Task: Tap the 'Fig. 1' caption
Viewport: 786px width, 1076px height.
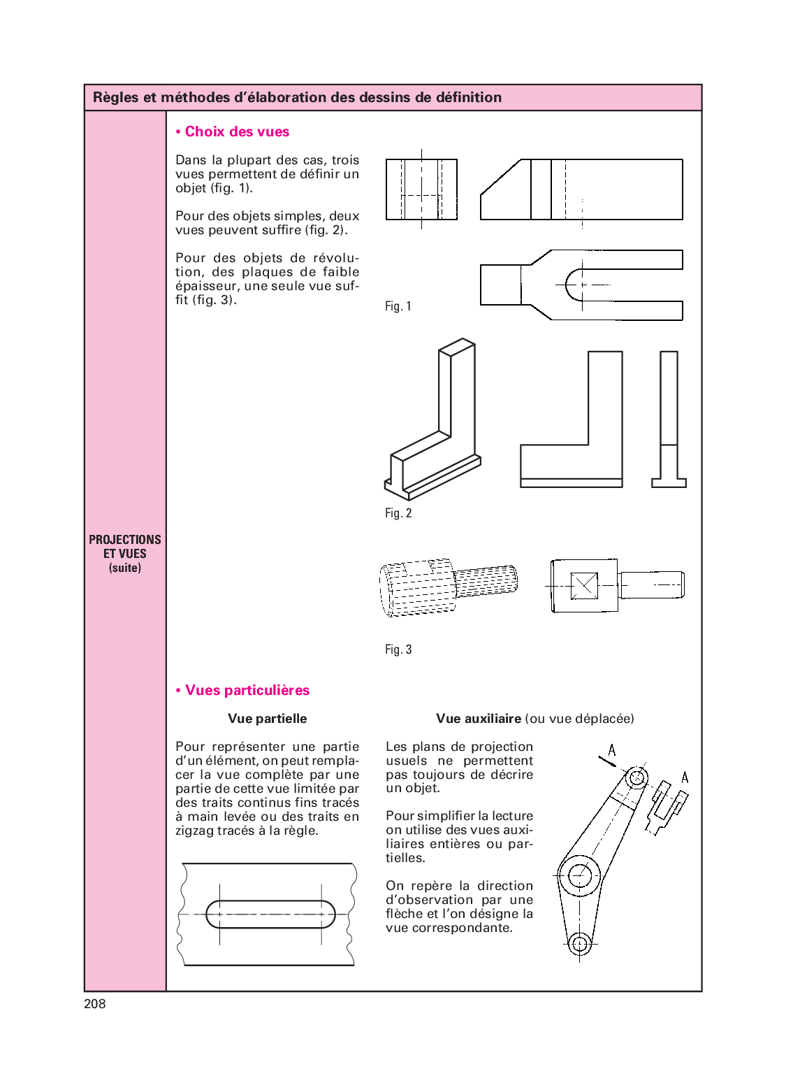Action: pyautogui.click(x=398, y=306)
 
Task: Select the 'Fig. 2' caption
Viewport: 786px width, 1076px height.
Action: pyautogui.click(x=398, y=513)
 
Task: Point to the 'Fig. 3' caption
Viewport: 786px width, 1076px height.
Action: pyautogui.click(x=398, y=650)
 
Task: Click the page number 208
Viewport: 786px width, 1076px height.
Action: pyautogui.click(x=95, y=1004)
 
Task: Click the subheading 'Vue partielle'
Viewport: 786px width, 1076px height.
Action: pyautogui.click(x=267, y=719)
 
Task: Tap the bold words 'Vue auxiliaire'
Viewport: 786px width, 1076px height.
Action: pyautogui.click(x=479, y=719)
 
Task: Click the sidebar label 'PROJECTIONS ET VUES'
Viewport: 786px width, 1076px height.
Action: pyautogui.click(x=125, y=546)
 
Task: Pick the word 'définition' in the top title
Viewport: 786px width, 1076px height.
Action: pyautogui.click(x=468, y=97)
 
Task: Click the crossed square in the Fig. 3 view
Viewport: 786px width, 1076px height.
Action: pyautogui.click(x=584, y=586)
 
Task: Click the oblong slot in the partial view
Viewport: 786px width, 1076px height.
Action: pyautogui.click(x=270, y=914)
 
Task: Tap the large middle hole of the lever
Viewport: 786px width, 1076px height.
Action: pyautogui.click(x=579, y=875)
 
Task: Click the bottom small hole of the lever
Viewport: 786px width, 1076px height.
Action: pyautogui.click(x=579, y=944)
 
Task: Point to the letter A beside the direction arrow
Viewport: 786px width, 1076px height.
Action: pyautogui.click(x=612, y=750)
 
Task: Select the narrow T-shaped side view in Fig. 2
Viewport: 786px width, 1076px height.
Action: pyautogui.click(x=669, y=419)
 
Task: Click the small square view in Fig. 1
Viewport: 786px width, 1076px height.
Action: pyautogui.click(x=421, y=189)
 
